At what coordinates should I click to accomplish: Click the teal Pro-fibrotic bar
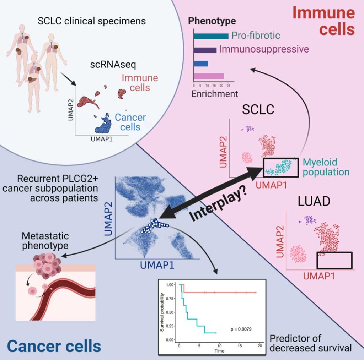point(211,36)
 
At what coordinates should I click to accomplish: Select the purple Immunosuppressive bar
point(205,50)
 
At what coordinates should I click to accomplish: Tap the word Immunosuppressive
point(264,49)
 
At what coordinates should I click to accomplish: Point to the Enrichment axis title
point(215,94)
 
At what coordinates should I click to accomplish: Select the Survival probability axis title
point(162,312)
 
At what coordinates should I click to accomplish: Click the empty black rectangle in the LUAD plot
point(334,260)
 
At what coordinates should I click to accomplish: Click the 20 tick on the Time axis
point(259,346)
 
